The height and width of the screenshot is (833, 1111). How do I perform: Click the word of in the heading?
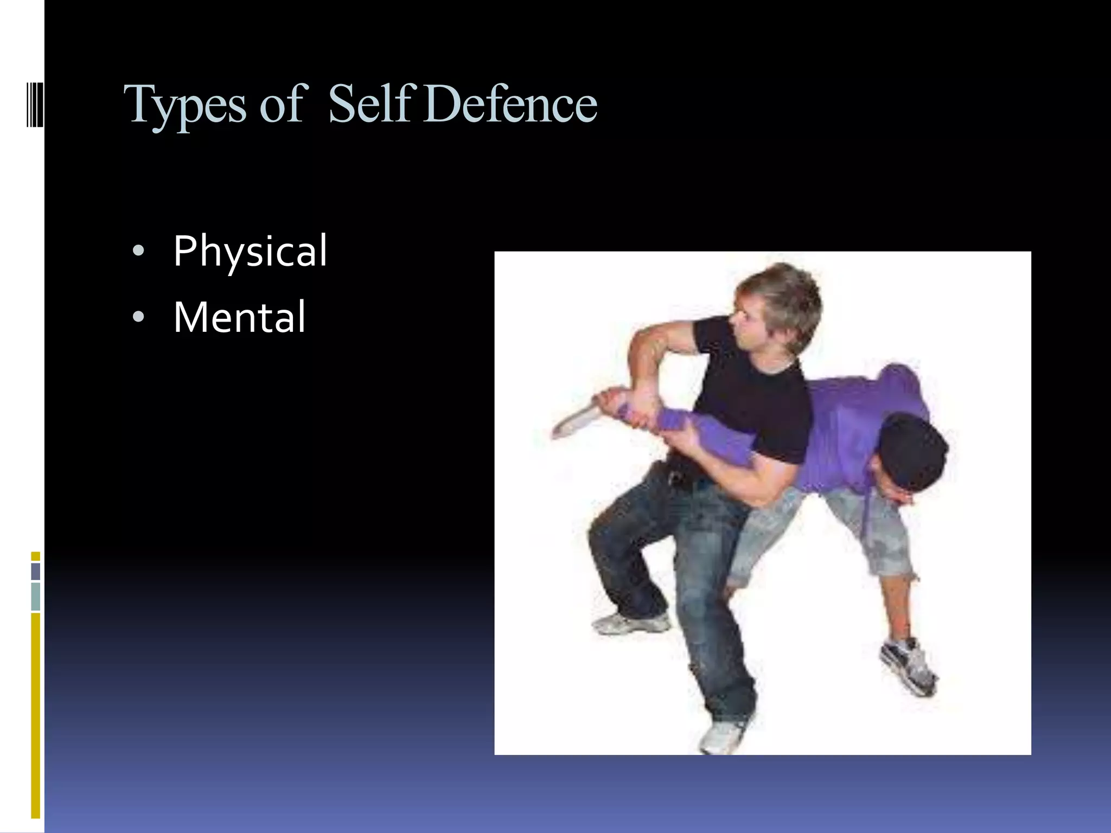[281, 104]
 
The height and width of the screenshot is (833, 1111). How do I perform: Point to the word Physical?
[250, 252]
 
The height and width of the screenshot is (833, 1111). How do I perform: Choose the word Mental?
[239, 317]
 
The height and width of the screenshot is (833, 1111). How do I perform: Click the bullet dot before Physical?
[138, 252]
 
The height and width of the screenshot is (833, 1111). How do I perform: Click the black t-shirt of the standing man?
[754, 390]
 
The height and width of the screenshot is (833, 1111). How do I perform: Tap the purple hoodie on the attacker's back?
[863, 412]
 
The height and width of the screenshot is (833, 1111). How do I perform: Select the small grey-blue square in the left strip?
[36, 572]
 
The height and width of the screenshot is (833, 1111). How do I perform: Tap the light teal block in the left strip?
[36, 596]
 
